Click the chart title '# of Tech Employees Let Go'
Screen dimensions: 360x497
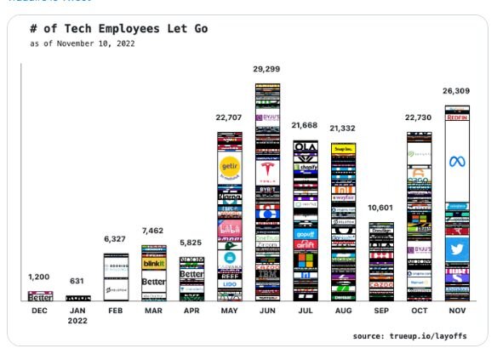118,29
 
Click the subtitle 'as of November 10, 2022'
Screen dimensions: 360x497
82,43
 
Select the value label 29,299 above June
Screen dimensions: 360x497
267,68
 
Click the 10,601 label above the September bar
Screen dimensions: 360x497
381,209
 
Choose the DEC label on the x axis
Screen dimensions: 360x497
40,312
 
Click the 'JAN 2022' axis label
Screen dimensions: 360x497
78,317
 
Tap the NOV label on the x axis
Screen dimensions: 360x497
457,312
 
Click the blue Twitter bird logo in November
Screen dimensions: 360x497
457,249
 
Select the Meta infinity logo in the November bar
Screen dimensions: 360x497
457,162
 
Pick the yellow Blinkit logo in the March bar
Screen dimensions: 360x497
153,265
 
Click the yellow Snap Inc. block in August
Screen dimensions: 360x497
343,148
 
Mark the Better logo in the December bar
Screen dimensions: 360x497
40,297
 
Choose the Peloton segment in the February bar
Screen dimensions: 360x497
116,290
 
